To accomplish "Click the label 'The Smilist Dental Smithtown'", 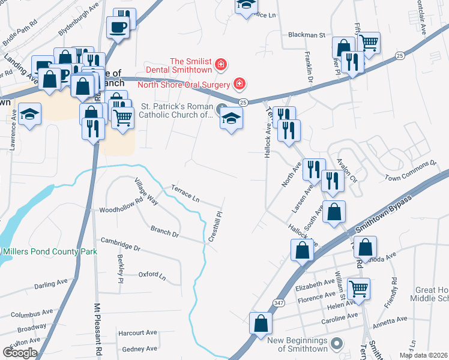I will point(192,65).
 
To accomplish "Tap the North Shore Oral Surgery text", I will point(184,84).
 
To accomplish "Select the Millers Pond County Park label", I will point(49,252).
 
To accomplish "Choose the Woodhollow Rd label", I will point(119,210).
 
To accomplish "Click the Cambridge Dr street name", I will point(120,247).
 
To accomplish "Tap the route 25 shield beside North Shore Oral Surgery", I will point(243,103).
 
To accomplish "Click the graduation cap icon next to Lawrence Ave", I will point(29,113).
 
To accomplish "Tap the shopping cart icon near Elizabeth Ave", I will point(358,288).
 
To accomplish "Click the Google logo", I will point(20,352).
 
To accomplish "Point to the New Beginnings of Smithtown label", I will point(298,344).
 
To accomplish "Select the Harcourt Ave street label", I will point(138,332).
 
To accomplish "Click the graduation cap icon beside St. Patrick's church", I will point(231,119).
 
